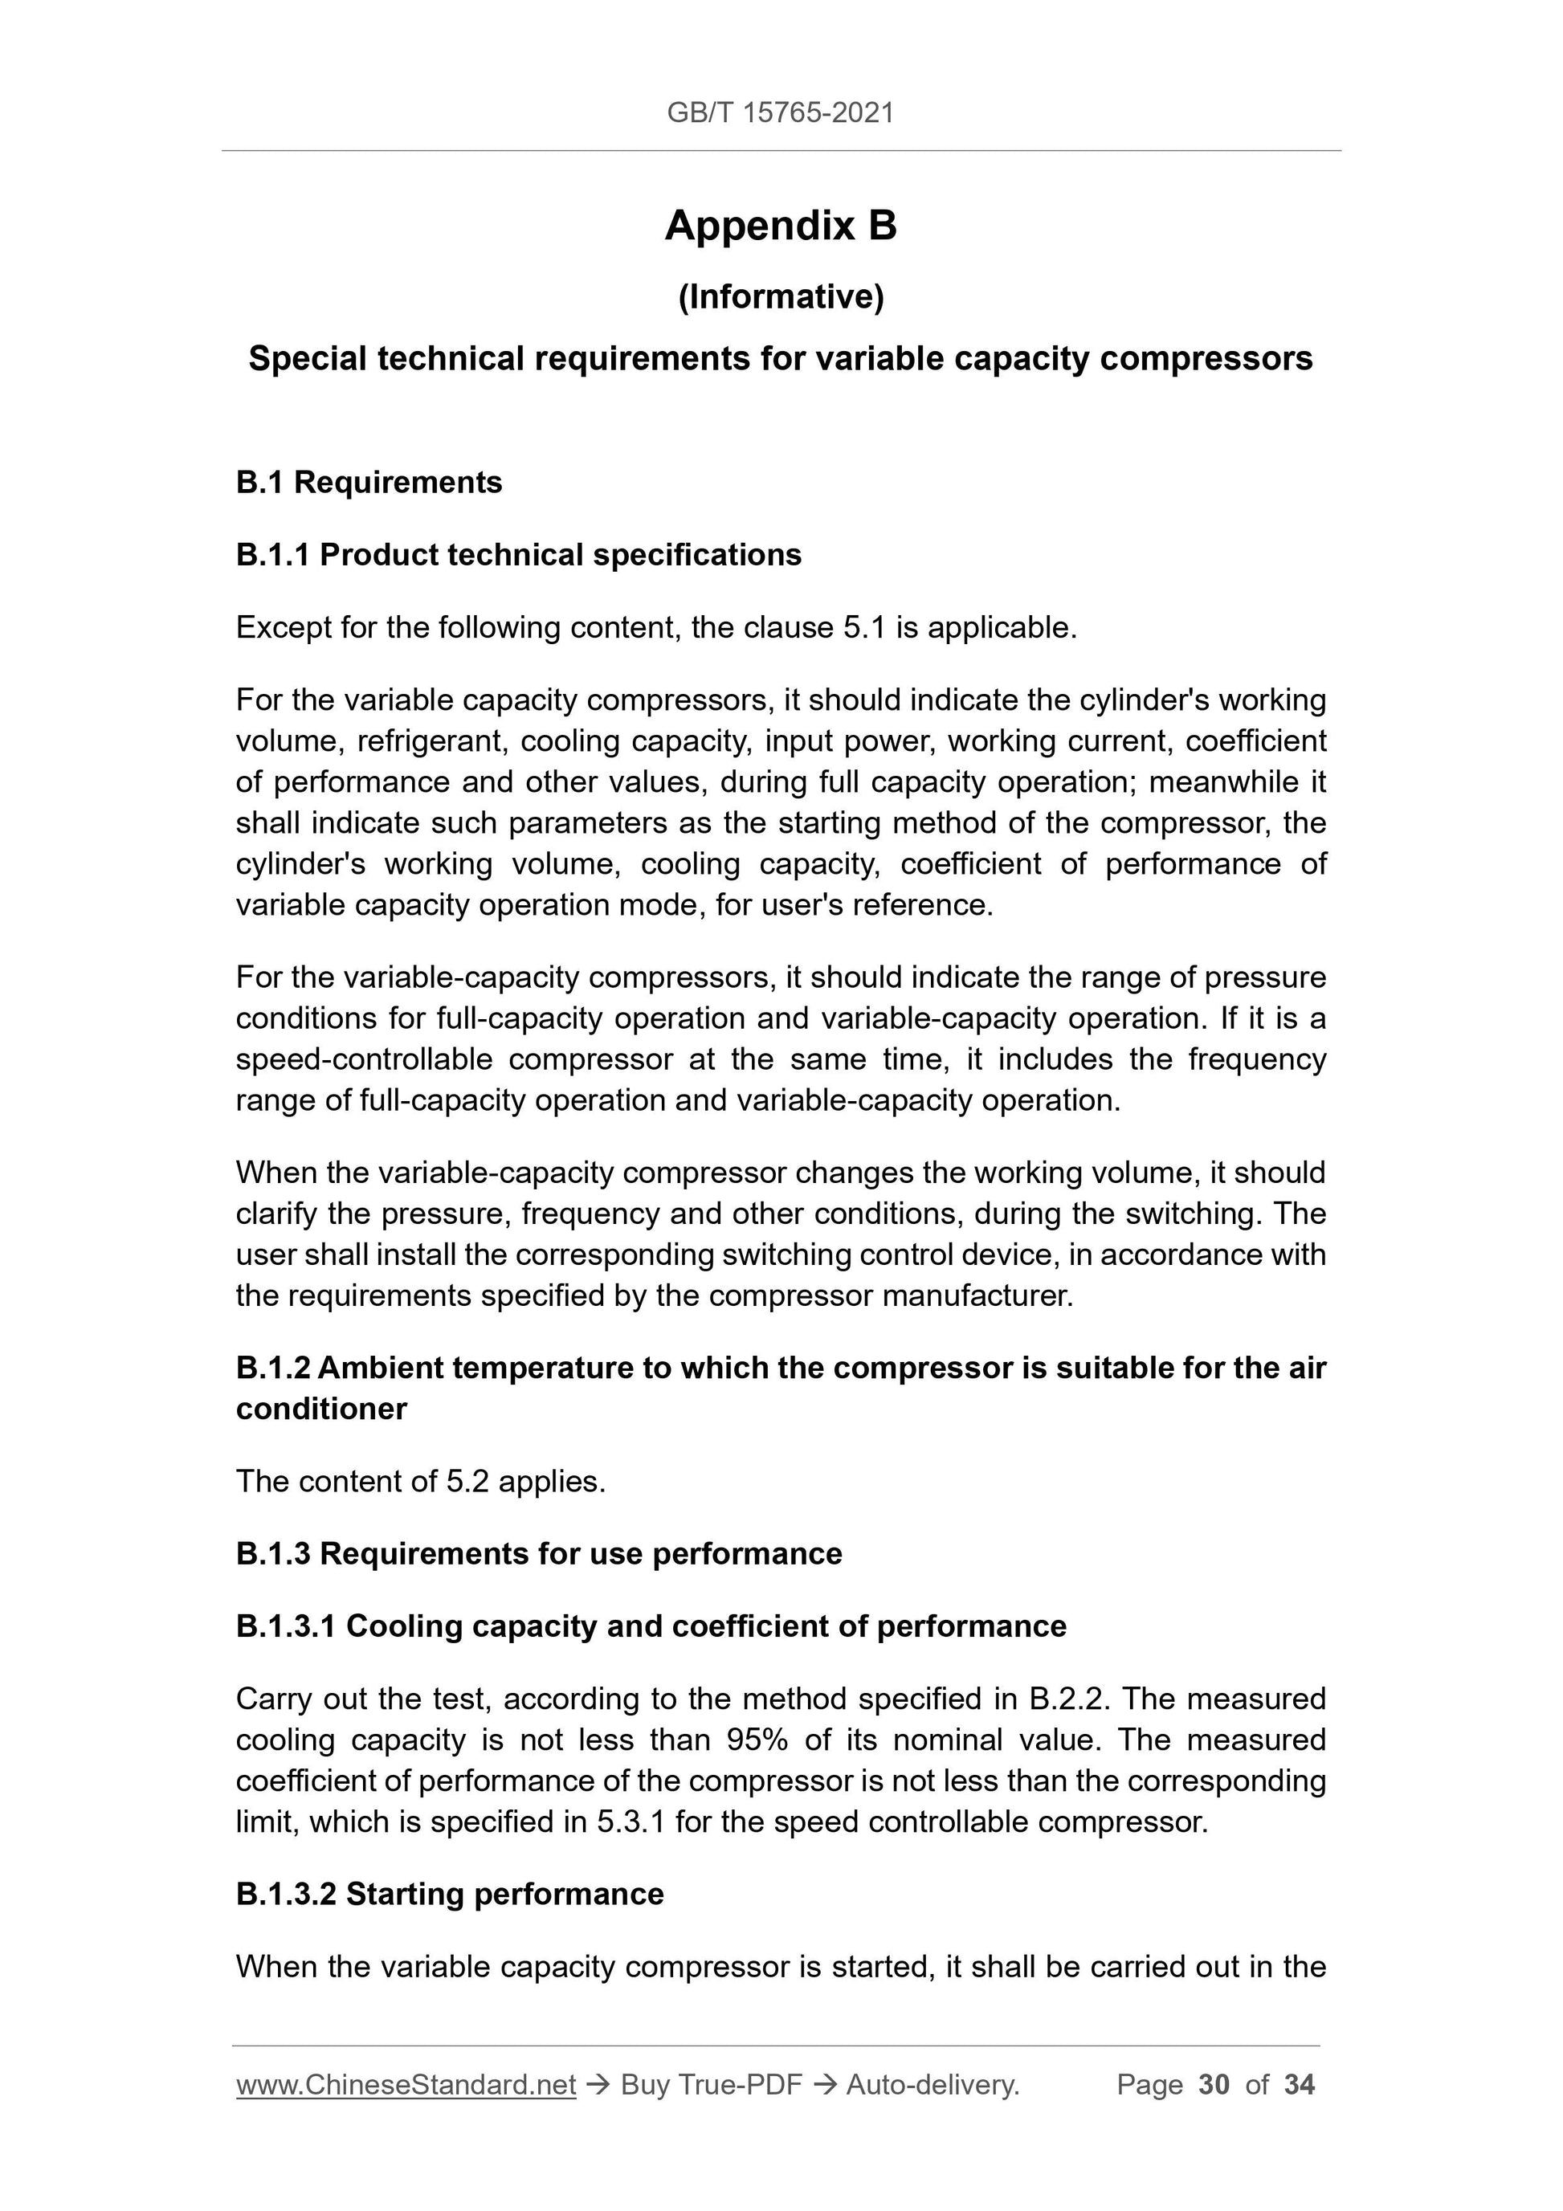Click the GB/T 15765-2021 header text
coord(780,113)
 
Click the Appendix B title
coord(780,226)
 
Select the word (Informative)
coord(780,298)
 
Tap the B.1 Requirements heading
coord(369,483)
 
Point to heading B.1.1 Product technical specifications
coord(518,556)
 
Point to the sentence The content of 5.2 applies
coord(421,1481)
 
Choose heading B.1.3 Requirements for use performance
coord(538,1553)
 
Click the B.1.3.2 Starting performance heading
coord(450,1895)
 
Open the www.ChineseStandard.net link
coord(406,2085)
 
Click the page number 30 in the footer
coord(1214,2085)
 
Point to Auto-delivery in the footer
coord(932,2085)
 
